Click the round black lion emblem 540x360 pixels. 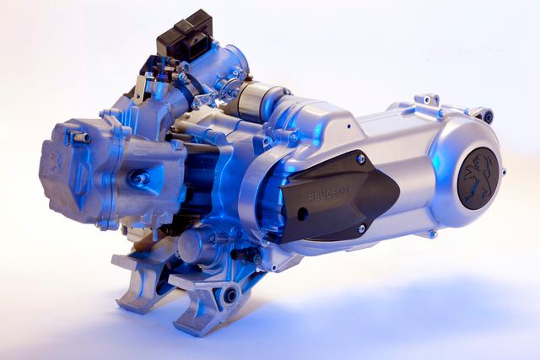[478, 178]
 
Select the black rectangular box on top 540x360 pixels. [184, 35]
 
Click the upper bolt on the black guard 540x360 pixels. [361, 159]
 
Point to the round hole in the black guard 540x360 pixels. [302, 214]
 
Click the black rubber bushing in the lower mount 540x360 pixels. [230, 295]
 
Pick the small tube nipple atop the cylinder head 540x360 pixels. [81, 137]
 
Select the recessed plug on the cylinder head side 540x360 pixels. [142, 178]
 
